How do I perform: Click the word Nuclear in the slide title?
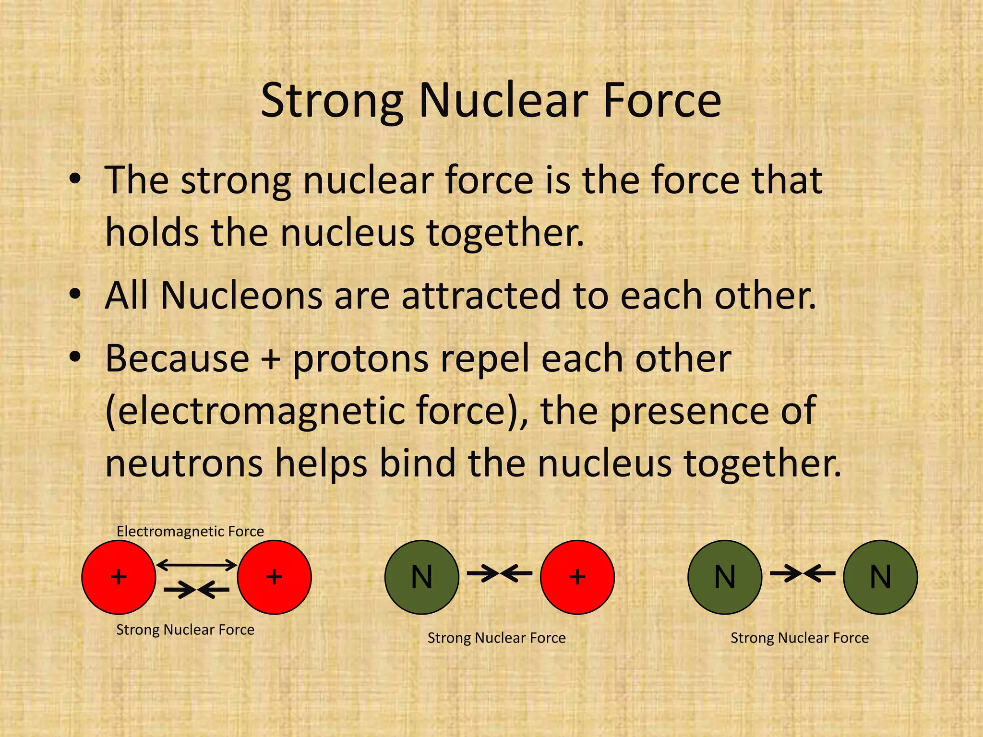[503, 101]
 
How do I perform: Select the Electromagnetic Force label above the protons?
[190, 531]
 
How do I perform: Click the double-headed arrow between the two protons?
[197, 565]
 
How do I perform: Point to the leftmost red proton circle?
[119, 577]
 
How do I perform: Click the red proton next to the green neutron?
[577, 577]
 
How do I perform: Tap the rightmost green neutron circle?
[880, 577]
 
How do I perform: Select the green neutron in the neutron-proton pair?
[421, 577]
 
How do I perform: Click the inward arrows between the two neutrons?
[803, 573]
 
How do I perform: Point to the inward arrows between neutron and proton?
[499, 573]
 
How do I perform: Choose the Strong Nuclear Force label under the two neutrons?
[800, 638]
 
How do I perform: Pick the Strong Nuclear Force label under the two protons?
[185, 630]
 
